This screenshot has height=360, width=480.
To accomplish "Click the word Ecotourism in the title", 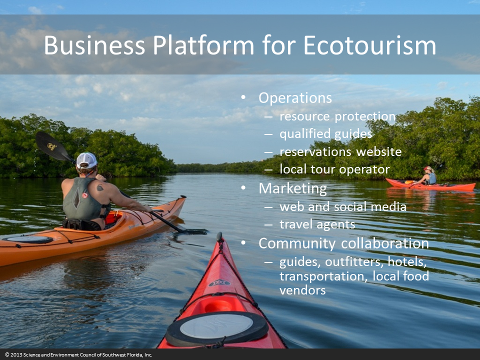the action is coord(370,45).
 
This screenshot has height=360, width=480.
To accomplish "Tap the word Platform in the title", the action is coord(203,45).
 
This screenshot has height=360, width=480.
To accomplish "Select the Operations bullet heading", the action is coord(295,98).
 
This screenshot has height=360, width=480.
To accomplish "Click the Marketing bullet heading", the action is coord(292,188).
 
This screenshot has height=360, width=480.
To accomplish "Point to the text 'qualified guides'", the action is coord(325,134).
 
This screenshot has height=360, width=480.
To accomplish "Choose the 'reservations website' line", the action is coord(340,151).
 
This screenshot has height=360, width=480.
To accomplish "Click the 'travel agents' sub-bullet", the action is coord(317,224).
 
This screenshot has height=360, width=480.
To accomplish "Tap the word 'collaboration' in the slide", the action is coord(385,243).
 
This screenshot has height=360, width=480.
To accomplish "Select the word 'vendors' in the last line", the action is coord(302,290).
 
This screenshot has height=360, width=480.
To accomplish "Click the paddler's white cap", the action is coord(86,160).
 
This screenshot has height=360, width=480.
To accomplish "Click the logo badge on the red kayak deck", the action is coord(219,283).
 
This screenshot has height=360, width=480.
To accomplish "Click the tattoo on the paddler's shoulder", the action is coord(100,187).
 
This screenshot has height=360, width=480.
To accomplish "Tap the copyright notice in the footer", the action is coord(78,355).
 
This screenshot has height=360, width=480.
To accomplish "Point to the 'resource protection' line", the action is coord(337,116).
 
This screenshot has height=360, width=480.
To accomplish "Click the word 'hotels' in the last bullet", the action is coord(407,261).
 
